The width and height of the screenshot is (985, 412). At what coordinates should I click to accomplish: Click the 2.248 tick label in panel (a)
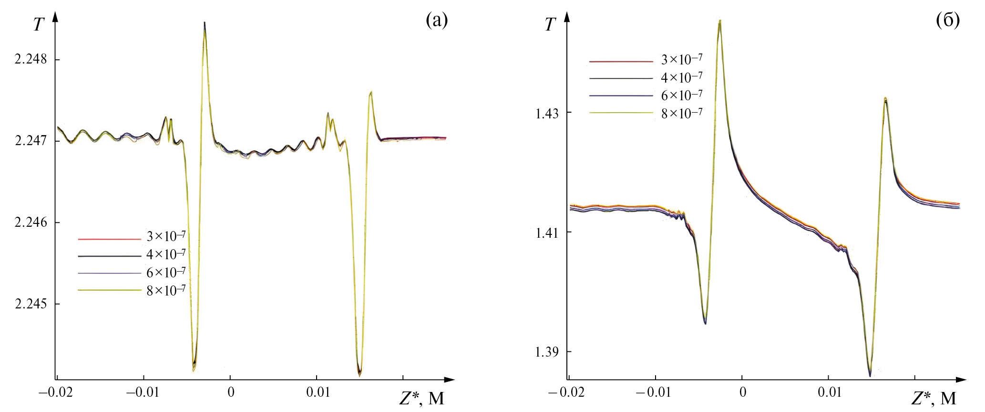click(x=31, y=59)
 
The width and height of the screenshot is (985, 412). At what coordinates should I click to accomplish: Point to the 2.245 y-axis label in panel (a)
click(x=31, y=304)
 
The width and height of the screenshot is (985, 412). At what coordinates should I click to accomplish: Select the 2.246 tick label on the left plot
click(x=31, y=222)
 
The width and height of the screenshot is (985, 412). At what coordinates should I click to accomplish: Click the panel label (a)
click(x=437, y=20)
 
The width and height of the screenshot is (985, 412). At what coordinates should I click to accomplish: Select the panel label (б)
click(x=948, y=20)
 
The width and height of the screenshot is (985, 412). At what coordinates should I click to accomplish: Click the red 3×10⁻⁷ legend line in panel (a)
click(x=110, y=239)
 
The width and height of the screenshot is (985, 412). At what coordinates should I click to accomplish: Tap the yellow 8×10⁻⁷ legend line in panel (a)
click(x=110, y=290)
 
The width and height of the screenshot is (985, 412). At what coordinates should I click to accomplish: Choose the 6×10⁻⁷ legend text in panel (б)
click(x=681, y=95)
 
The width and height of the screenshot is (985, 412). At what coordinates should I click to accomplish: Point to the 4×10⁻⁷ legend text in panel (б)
click(x=681, y=77)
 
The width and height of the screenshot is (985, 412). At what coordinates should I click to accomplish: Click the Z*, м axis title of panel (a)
click(x=421, y=398)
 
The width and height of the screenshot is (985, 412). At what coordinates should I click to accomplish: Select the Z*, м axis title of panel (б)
click(x=934, y=398)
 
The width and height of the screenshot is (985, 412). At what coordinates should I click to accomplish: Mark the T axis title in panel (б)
click(x=550, y=24)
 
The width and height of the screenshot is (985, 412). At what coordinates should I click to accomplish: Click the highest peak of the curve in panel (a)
click(x=205, y=23)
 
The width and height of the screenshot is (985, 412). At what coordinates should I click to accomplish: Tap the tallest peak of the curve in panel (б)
click(x=719, y=21)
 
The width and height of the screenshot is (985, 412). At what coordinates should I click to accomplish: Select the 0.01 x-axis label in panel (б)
click(x=830, y=392)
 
